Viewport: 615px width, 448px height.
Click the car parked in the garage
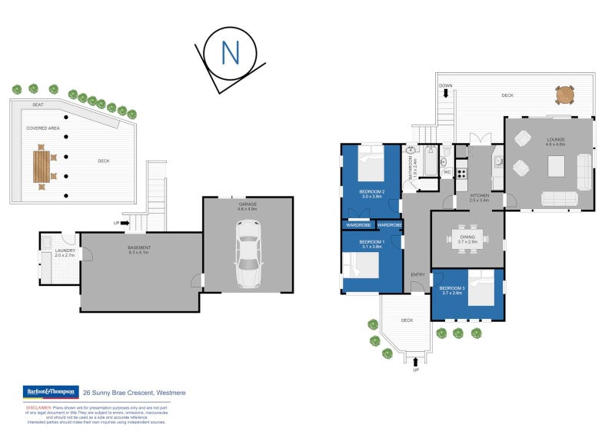point(248,254)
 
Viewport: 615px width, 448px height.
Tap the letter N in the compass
point(229,53)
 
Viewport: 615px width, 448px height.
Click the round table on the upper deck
point(565,95)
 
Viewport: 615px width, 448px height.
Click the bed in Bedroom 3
point(481,293)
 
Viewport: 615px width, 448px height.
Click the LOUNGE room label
point(555,139)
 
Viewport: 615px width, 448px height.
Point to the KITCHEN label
point(480,196)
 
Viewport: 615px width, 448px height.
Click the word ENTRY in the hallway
point(417,274)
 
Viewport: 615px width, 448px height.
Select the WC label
point(447,172)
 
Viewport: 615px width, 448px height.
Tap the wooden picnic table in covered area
point(42,167)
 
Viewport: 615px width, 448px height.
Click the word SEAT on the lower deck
point(38,105)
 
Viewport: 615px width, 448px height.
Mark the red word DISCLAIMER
point(39,407)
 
